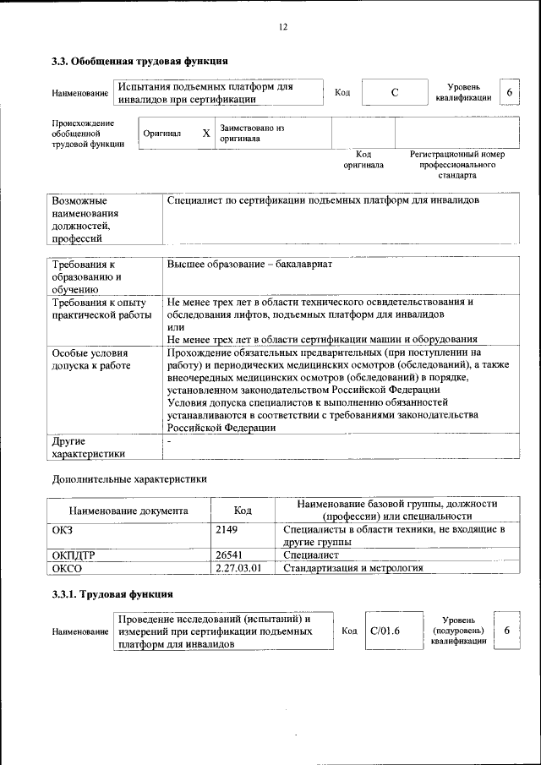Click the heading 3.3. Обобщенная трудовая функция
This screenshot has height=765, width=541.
(x=139, y=62)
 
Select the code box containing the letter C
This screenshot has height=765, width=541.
(x=394, y=93)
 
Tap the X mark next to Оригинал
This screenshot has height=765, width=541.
(x=205, y=134)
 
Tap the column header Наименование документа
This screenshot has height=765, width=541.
(x=128, y=511)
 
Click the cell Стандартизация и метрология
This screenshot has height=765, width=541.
(x=352, y=568)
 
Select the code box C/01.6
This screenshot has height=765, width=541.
(x=385, y=631)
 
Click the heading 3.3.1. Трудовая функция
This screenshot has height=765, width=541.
(x=112, y=594)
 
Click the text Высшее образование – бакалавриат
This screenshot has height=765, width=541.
(x=249, y=265)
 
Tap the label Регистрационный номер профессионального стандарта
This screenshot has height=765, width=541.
(x=456, y=165)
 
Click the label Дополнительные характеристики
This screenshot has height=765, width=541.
(x=128, y=478)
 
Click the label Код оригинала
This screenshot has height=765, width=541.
(x=363, y=160)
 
